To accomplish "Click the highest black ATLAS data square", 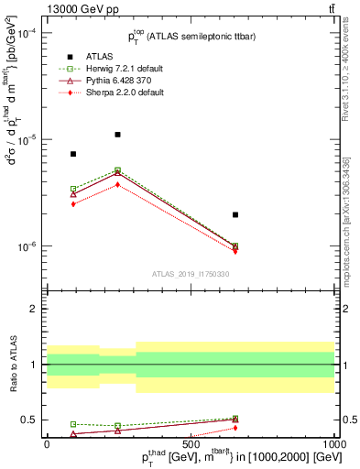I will point(117,135).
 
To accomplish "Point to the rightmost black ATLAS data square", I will point(235,214).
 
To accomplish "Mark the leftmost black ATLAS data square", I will point(73,154).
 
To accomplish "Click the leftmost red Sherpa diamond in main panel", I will point(73,203).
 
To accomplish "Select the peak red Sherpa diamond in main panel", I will point(117,184).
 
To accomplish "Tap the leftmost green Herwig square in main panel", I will point(73,189).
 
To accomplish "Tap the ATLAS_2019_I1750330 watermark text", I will point(191,274).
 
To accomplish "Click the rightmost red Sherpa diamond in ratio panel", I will point(235,428).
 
